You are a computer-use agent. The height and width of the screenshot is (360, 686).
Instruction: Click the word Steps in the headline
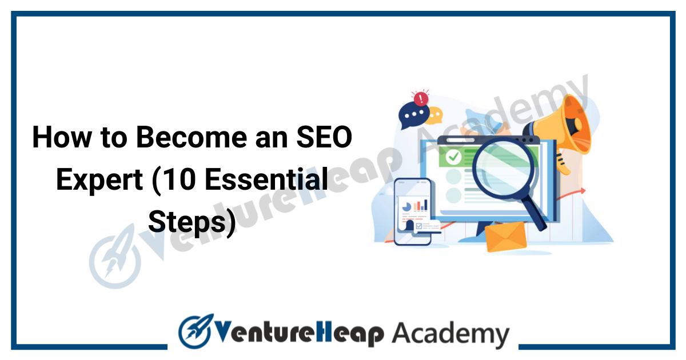point(188,222)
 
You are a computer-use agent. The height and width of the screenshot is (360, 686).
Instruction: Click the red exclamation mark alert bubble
point(421,98)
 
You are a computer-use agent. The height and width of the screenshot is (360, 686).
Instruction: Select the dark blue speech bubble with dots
point(413,115)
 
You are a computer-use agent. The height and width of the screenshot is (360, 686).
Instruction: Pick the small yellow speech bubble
point(436,115)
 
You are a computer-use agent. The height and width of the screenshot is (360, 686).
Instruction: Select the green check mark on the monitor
point(453,157)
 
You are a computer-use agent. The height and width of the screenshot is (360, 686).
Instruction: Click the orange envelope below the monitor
point(506,237)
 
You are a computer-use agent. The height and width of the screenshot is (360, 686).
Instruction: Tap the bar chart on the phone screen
point(421,205)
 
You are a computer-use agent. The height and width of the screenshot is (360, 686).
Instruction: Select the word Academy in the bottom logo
point(450,335)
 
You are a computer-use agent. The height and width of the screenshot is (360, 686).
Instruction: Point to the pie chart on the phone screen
point(406,207)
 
